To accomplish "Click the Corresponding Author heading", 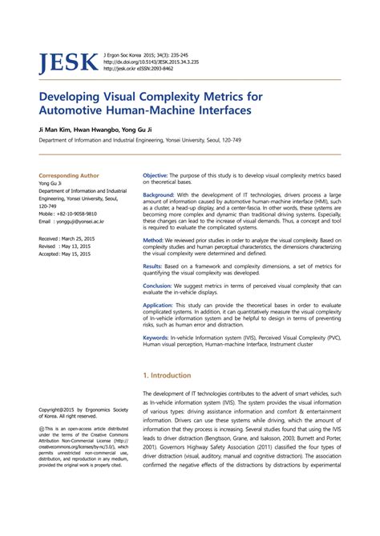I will coord(69,174).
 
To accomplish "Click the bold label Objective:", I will coord(156,174).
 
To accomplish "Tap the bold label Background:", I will coord(159,194).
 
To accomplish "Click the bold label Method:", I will coord(153,240).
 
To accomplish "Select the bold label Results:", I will coord(152,266).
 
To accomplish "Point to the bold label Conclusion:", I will coord(157,286).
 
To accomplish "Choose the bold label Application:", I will coord(158,305).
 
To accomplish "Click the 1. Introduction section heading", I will coord(167,374).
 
